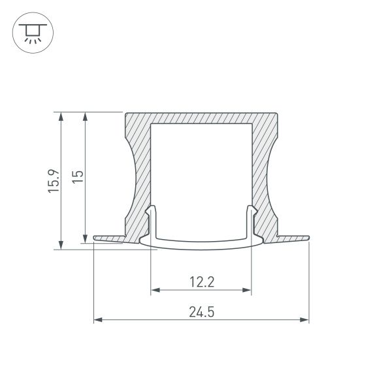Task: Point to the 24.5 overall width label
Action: click(202, 312)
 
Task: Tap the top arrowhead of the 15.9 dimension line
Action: click(61, 116)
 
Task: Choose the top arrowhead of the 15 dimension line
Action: click(84, 116)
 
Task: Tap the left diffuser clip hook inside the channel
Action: click(152, 212)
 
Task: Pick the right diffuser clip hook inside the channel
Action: click(250, 212)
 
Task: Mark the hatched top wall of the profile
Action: click(201, 117)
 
